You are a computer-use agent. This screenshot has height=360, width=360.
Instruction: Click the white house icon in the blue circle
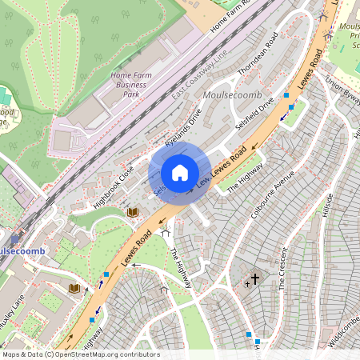point(180,173)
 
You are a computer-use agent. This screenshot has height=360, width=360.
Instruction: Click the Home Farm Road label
point(238,16)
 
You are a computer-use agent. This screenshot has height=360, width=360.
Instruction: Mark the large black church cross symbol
point(255,279)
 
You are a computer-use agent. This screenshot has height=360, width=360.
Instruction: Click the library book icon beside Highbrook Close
point(133,212)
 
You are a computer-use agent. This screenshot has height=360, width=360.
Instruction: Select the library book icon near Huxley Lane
point(74,287)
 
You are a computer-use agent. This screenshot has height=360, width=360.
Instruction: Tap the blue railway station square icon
point(15,238)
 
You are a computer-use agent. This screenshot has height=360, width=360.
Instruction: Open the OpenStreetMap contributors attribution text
point(81,354)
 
